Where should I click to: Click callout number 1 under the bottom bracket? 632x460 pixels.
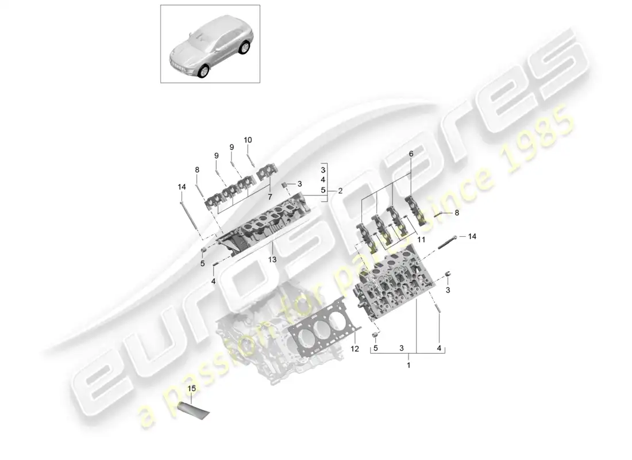409,365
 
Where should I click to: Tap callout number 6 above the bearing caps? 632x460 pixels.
411,154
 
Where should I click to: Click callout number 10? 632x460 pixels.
248,140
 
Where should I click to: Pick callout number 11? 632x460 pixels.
421,239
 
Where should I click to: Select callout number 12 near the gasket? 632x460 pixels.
354,349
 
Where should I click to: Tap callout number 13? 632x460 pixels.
272,260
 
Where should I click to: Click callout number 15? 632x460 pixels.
192,389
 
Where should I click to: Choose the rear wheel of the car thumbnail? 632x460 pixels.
246,48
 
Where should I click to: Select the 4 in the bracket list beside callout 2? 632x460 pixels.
323,180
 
